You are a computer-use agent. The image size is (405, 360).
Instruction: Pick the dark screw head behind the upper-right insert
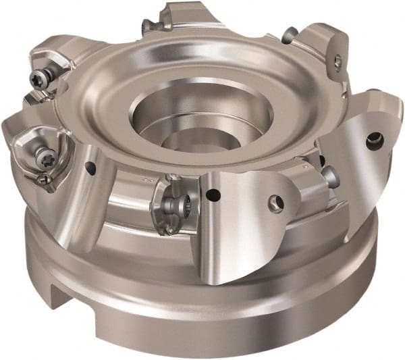289,34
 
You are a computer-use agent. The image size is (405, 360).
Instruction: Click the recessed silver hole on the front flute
275,201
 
